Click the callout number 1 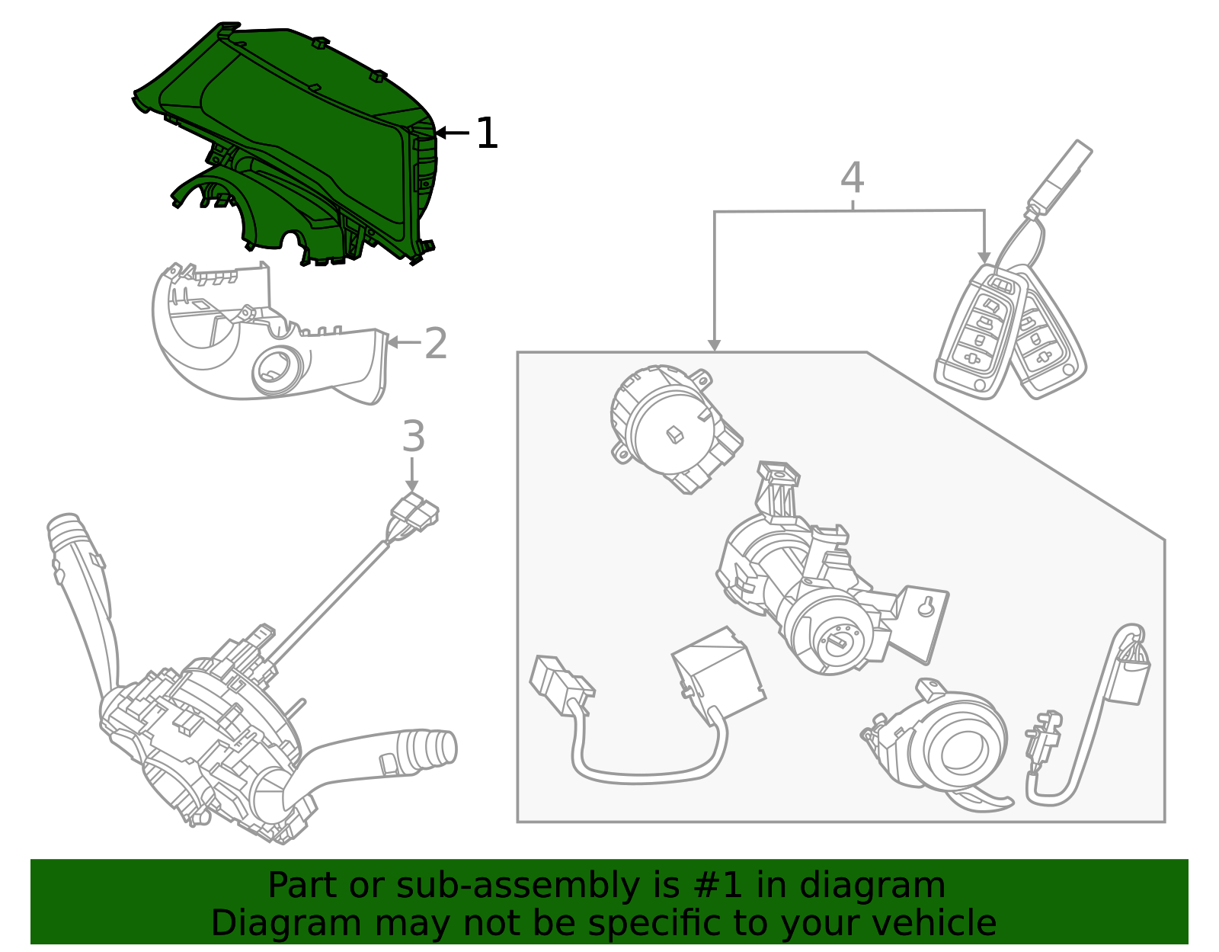pos(486,134)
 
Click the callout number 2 pos(435,344)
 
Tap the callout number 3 pos(413,437)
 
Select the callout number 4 pos(852,178)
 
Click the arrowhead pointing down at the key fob pos(984,258)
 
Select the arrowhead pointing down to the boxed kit pos(714,345)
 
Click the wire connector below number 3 pos(416,512)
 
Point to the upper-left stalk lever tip pos(63,526)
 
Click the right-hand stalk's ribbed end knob pos(434,747)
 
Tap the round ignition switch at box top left pos(670,427)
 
